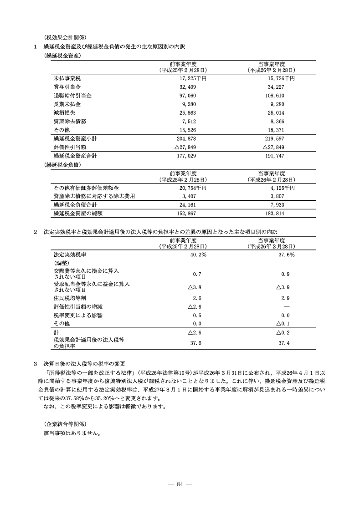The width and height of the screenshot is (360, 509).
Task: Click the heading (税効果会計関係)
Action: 65,37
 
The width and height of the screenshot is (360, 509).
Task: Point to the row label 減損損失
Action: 64,113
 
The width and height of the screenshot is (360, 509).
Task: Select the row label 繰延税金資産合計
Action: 75,156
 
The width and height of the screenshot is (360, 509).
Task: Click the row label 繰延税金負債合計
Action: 75,205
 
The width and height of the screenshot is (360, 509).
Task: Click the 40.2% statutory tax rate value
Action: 197,254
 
